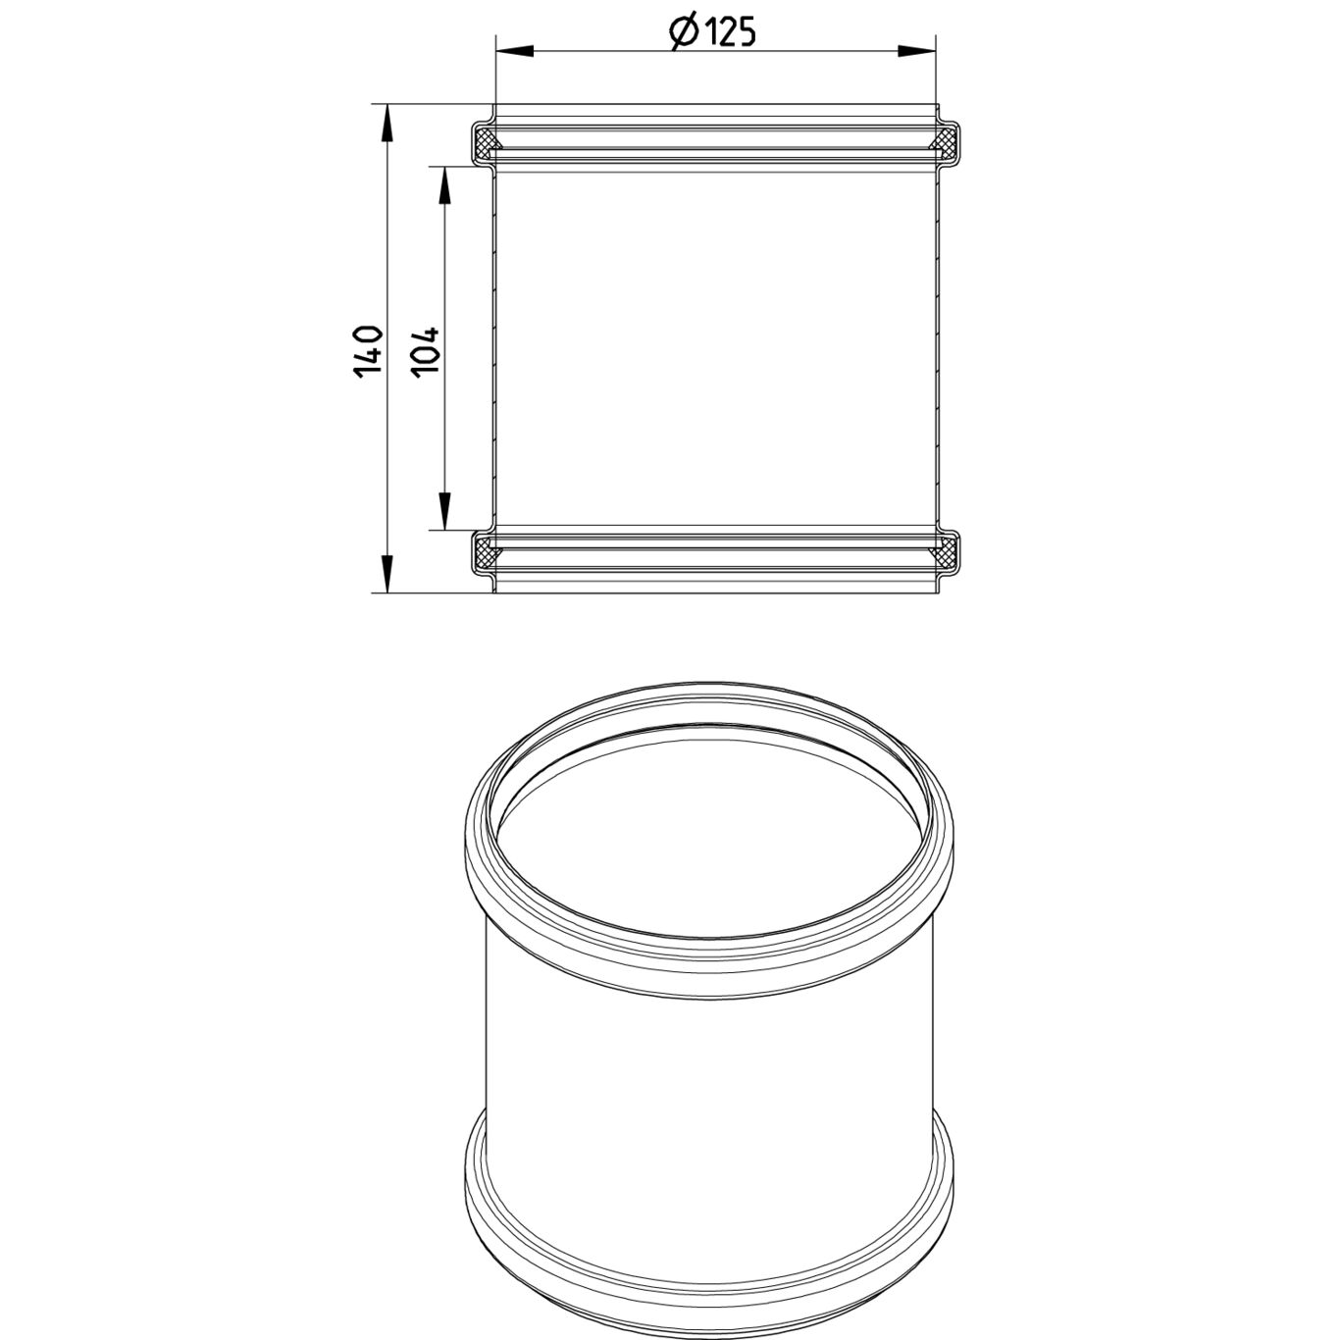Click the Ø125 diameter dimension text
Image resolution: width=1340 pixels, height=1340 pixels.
pos(711,32)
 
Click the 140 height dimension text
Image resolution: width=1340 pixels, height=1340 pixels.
pos(367,352)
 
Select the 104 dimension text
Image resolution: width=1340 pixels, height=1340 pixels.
pos(425,352)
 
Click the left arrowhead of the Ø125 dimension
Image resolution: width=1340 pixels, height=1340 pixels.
pos(515,52)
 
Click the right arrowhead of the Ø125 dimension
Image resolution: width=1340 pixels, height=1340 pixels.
pos(917,52)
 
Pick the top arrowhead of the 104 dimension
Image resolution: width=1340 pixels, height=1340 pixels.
pos(444,185)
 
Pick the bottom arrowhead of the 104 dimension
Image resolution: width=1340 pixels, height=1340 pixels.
pos(444,511)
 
